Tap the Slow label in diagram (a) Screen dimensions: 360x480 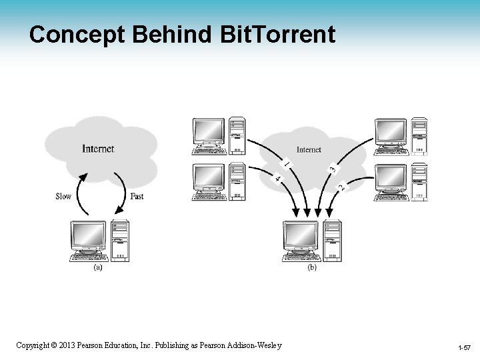[63, 196]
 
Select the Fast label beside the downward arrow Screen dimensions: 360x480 [137, 196]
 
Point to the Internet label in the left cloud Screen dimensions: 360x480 [98, 149]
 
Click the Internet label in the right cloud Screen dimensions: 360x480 [308, 149]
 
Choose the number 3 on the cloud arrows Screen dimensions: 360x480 [332, 170]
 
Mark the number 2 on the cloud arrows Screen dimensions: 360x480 [342, 187]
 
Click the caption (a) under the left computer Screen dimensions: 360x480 [97, 267]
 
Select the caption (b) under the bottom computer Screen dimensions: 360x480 [311, 267]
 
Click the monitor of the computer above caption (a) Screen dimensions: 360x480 [89, 235]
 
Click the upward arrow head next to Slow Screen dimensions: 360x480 [83, 177]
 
